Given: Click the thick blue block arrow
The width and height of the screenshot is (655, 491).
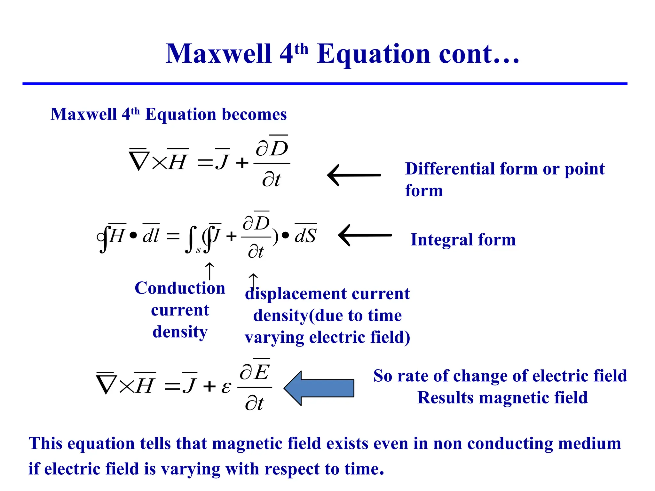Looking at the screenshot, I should [319, 388].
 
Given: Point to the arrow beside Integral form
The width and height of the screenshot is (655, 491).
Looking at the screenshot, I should [365, 235].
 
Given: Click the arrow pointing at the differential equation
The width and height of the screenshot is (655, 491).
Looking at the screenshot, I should [354, 175].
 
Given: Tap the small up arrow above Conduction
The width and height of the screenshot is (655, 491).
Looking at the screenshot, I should [209, 270].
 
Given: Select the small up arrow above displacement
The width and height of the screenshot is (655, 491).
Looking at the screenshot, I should [253, 281].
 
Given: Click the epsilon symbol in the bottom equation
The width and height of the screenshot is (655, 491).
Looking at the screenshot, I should [226, 387].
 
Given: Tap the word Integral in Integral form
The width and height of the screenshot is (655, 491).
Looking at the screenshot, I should [441, 240].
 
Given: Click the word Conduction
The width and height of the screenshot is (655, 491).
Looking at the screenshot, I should [180, 288].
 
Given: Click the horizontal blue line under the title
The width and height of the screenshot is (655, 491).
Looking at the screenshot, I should [325, 84].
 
